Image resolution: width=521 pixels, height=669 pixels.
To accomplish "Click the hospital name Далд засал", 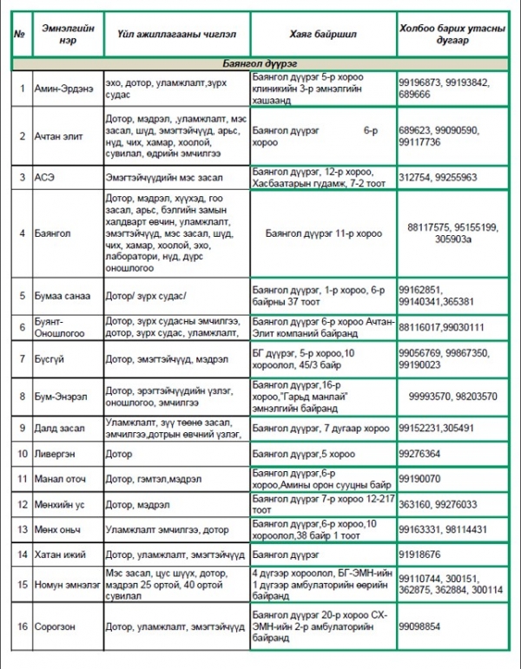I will point(59,429).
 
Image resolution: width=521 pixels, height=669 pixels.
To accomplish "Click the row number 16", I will point(21,626).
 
